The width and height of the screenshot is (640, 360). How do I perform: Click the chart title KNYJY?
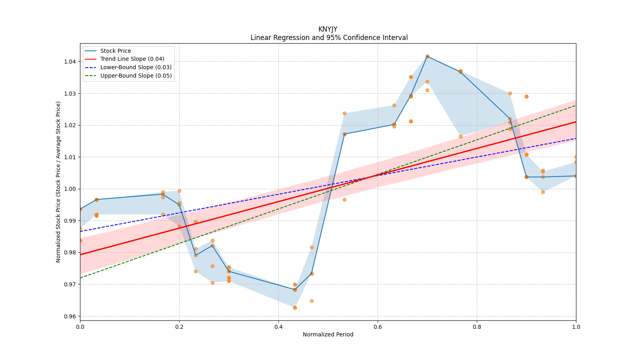[x=328, y=29]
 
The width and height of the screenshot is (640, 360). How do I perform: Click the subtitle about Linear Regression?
[x=329, y=38]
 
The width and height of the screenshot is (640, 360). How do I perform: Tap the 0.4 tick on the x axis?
[x=278, y=326]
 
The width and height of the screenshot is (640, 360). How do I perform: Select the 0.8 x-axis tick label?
[x=477, y=326]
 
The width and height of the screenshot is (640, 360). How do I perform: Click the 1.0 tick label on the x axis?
[x=576, y=326]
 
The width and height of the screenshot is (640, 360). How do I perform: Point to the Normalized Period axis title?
[x=328, y=334]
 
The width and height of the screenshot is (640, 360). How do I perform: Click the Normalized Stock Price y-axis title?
[x=58, y=182]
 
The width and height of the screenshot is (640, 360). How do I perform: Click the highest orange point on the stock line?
[x=427, y=56]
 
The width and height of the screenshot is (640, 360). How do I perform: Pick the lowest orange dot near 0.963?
[x=295, y=308]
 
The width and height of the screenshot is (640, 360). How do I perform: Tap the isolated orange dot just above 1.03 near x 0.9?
[x=526, y=96]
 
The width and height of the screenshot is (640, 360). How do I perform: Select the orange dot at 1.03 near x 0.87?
[x=510, y=94]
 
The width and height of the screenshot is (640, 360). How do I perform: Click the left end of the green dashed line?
[x=80, y=278]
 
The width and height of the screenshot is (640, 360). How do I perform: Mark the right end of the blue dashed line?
[x=576, y=138]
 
